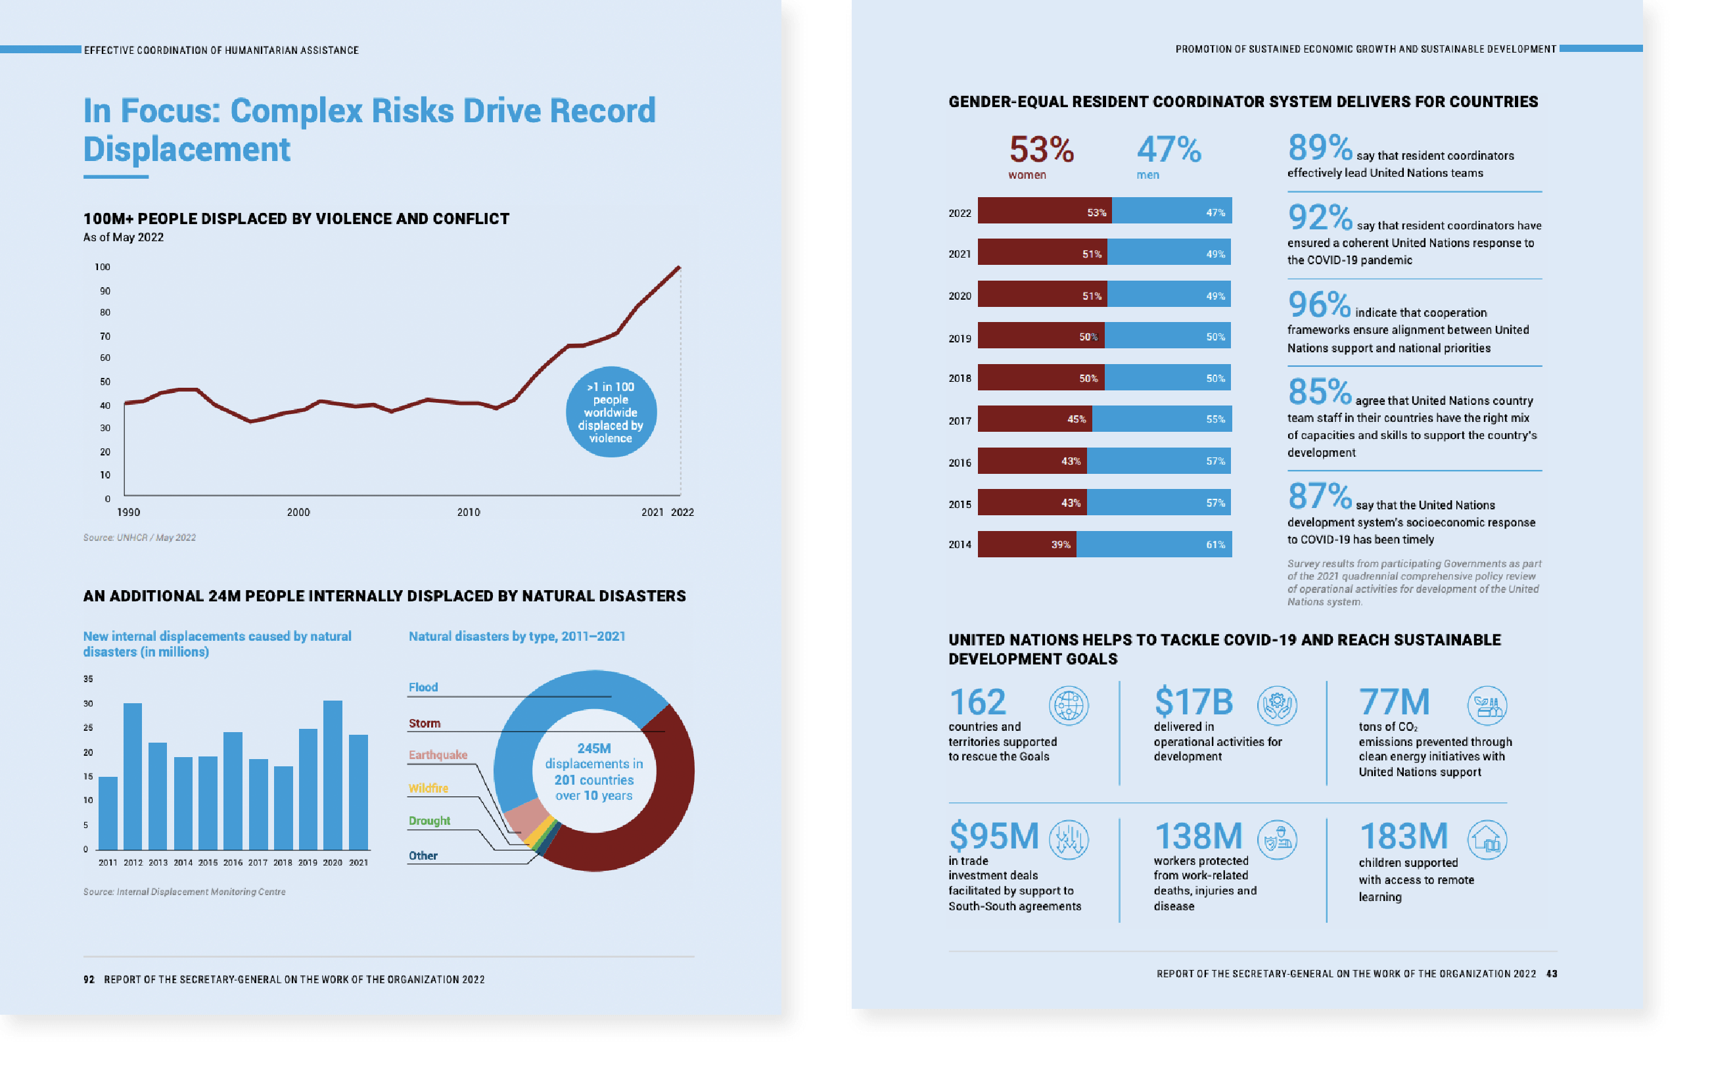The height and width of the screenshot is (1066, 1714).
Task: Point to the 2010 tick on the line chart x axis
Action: [468, 513]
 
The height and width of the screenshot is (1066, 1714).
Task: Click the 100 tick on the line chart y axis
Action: [103, 267]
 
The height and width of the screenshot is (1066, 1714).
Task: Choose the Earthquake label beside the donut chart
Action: [438, 754]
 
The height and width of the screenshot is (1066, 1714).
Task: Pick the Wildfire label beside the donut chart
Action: [428, 788]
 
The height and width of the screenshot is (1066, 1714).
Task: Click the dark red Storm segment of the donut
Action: [656, 811]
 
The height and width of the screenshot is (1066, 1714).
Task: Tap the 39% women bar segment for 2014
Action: [1027, 544]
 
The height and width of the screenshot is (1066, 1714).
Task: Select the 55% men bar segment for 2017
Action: [1161, 419]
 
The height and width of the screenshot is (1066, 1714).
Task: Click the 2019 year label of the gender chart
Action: [959, 338]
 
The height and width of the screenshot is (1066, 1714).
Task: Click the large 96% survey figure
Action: [1318, 304]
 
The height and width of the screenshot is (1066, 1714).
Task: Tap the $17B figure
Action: [1193, 702]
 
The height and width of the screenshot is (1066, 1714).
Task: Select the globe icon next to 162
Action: [1068, 705]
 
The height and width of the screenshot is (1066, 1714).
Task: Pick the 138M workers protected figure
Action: [1198, 837]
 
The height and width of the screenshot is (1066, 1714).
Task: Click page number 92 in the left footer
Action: [89, 979]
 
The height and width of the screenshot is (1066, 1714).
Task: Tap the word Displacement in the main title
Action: [187, 149]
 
